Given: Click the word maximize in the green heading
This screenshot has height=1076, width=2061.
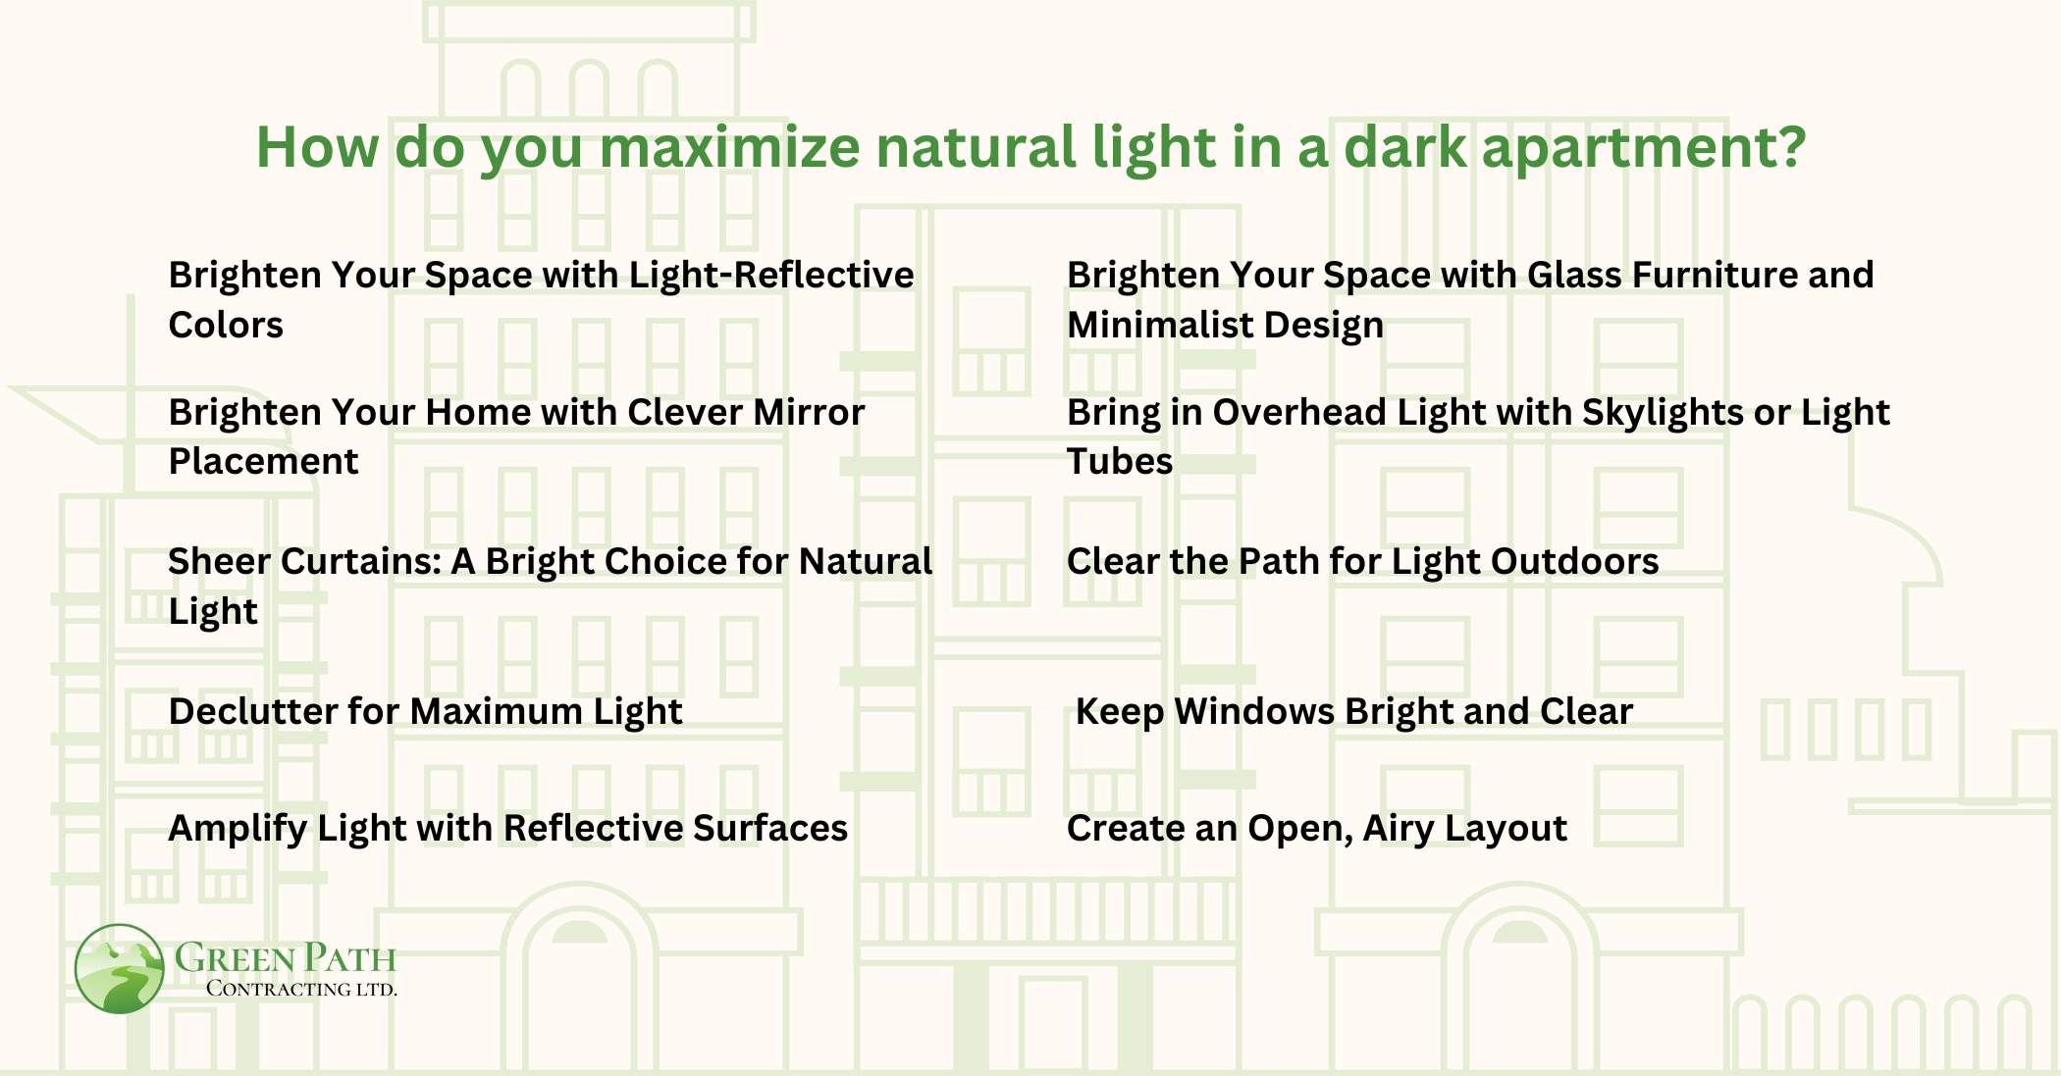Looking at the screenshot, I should coord(729,147).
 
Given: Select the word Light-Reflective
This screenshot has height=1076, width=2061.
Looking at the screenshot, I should coord(770,276).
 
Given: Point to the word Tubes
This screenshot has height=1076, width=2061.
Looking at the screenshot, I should coord(1119,462).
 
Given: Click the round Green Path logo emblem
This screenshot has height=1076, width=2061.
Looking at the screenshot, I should coord(119,968).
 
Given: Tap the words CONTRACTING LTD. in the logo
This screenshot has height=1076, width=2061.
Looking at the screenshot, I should coord(301,989).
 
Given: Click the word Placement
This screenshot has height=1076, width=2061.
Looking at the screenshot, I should coord(263,462).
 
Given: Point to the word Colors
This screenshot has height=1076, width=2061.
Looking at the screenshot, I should coord(226,326).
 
